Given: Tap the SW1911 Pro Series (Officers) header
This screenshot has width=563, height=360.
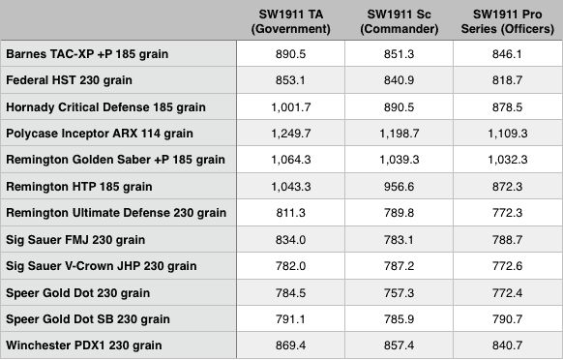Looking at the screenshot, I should [x=508, y=22].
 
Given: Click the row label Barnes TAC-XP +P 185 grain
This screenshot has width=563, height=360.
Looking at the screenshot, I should [x=86, y=55].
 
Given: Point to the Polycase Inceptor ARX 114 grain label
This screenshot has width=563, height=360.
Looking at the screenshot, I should [x=99, y=135].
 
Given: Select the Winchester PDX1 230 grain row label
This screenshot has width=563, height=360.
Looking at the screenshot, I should [x=82, y=345].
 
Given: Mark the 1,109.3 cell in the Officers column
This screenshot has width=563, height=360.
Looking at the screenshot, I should [x=508, y=135].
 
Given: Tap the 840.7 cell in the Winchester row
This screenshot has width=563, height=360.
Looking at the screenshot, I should [x=508, y=345].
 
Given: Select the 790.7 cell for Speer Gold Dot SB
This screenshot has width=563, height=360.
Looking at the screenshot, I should [x=508, y=318].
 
